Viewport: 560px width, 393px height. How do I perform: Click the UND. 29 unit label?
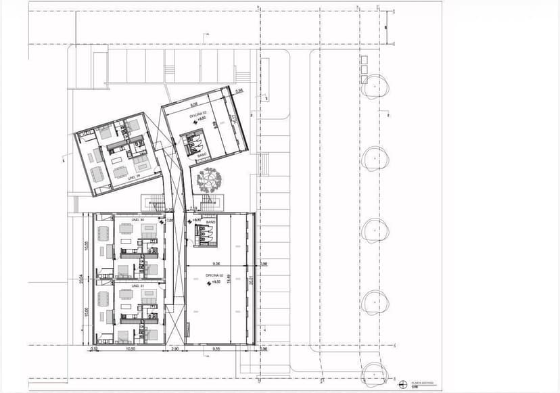[x=133, y=177]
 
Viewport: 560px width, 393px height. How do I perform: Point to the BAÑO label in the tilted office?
[x=201, y=155]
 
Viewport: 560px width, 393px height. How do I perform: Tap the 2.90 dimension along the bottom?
[x=174, y=350]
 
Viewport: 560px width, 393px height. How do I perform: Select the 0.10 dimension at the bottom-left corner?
[x=93, y=350]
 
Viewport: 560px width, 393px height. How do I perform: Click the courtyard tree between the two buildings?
[x=208, y=179]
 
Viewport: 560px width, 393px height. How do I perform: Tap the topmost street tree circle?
[x=373, y=87]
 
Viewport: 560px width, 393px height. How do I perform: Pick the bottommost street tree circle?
[x=373, y=374]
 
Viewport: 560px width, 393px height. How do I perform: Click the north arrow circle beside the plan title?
[x=404, y=384]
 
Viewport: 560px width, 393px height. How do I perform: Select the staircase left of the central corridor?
[x=154, y=201]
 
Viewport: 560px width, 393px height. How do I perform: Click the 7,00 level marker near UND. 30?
[x=169, y=221]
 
